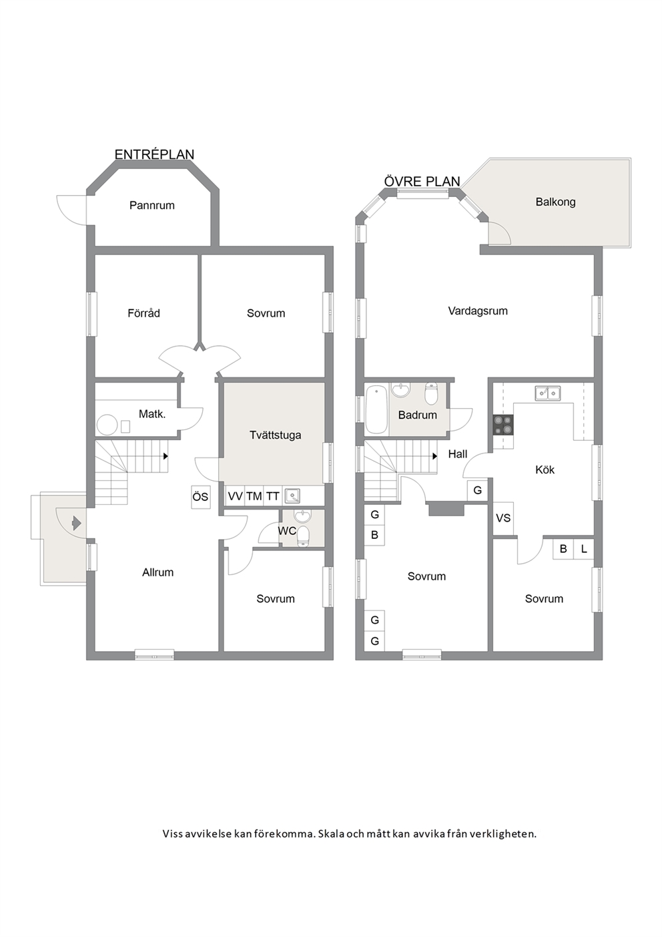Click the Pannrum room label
pyautogui.click(x=151, y=206)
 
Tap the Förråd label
pyautogui.click(x=143, y=313)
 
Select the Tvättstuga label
pyautogui.click(x=275, y=435)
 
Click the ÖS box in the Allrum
pyautogui.click(x=201, y=496)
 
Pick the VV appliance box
pyautogui.click(x=235, y=496)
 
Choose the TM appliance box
pyautogui.click(x=254, y=496)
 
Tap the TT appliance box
pyautogui.click(x=273, y=496)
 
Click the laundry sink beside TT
pyautogui.click(x=292, y=496)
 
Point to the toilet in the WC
pyautogui.click(x=303, y=537)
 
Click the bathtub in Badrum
pyautogui.click(x=376, y=409)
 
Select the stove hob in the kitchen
pyautogui.click(x=503, y=425)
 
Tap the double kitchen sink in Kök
pyautogui.click(x=547, y=393)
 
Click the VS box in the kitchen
pyautogui.click(x=503, y=518)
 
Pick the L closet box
pyautogui.click(x=584, y=548)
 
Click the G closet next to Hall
pyautogui.click(x=477, y=490)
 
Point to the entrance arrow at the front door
pyautogui.click(x=75, y=523)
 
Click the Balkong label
pyautogui.click(x=555, y=202)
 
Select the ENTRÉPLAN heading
pyautogui.click(x=154, y=154)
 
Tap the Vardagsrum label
pyautogui.click(x=478, y=311)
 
